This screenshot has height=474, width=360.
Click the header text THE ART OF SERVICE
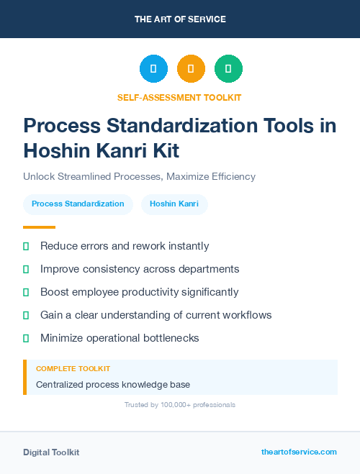pos(180,19)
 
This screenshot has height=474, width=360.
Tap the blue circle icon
pos(153,69)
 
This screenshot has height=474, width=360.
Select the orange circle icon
pos(191,69)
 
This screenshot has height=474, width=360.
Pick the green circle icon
pos(228,69)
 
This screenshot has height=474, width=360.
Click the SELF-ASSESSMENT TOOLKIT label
pos(179,97)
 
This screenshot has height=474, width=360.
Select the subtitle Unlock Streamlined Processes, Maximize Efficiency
pos(139,176)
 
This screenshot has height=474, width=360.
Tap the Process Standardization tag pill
pos(78,204)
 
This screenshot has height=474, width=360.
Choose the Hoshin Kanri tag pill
pos(174,204)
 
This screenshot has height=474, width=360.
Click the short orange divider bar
pos(39,227)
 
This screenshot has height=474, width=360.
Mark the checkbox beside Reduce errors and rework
pos(26,247)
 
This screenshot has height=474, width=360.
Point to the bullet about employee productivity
pos(139,292)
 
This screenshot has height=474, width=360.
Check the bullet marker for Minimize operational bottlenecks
pos(26,338)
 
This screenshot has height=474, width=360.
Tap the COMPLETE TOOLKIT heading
pos(68,368)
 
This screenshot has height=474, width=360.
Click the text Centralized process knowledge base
pos(113,385)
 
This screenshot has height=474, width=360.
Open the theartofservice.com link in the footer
pos(299,452)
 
